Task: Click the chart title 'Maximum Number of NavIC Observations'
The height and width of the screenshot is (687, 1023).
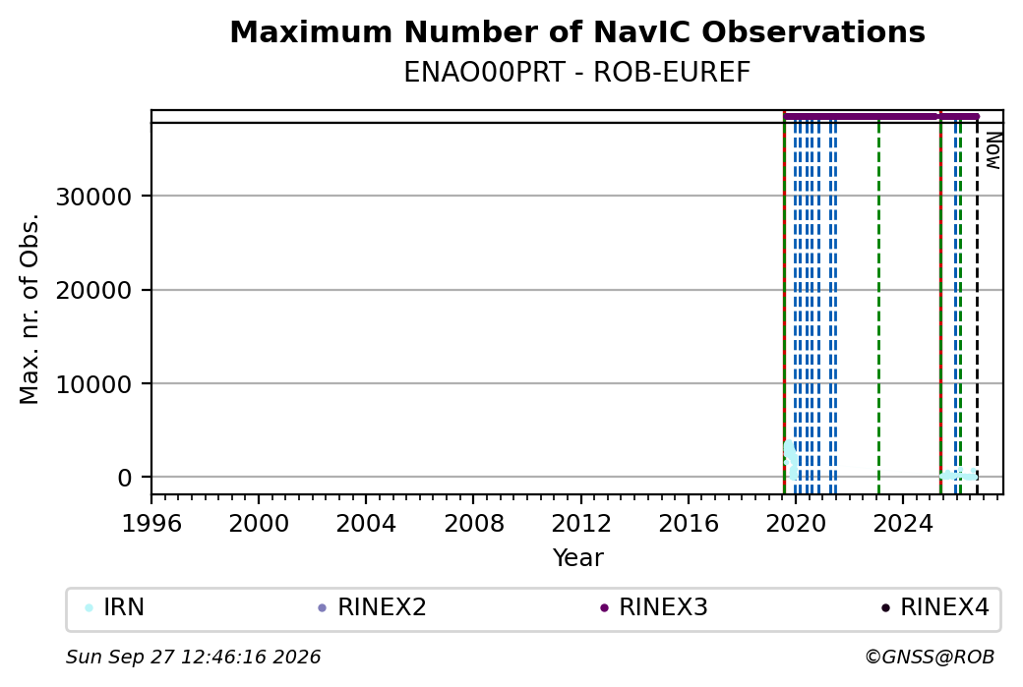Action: click(577, 31)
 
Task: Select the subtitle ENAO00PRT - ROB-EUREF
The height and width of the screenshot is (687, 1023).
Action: click(577, 73)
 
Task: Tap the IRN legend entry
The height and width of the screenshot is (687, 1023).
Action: click(115, 607)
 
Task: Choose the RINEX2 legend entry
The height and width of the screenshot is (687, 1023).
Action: click(372, 607)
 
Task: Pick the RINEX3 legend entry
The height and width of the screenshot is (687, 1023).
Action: click(654, 607)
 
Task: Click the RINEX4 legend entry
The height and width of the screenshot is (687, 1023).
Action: click(935, 607)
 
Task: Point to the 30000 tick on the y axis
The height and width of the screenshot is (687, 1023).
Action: click(94, 197)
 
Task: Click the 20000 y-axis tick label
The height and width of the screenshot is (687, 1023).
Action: click(94, 290)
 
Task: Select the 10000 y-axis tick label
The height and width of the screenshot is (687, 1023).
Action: click(94, 384)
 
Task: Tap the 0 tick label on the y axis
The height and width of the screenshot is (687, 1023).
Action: click(125, 478)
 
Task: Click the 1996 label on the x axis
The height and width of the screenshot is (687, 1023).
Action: click(151, 523)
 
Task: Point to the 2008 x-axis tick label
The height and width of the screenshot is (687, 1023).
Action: click(474, 523)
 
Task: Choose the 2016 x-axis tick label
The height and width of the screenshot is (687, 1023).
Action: click(689, 523)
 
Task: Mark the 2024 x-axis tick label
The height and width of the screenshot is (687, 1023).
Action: click(903, 523)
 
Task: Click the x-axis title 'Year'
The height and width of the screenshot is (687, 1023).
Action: click(578, 558)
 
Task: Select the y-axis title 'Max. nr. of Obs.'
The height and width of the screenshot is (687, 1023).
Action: click(30, 309)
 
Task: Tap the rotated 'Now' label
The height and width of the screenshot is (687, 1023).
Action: click(993, 150)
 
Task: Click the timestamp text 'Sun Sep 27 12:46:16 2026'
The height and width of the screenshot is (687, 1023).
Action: click(193, 657)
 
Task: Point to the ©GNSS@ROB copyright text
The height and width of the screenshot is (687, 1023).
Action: click(930, 657)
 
